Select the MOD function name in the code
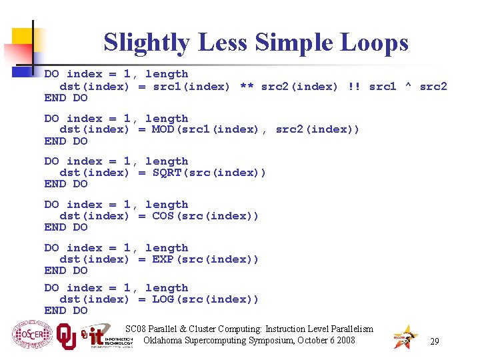coord(163,129)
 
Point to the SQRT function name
coord(167,173)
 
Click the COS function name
coord(163,216)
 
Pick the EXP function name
coord(163,259)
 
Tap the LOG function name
coord(163,299)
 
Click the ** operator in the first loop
coord(246,86)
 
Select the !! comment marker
coord(354,86)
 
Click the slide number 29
coord(434,341)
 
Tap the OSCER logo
coord(31,335)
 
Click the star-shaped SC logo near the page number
coord(405,337)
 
